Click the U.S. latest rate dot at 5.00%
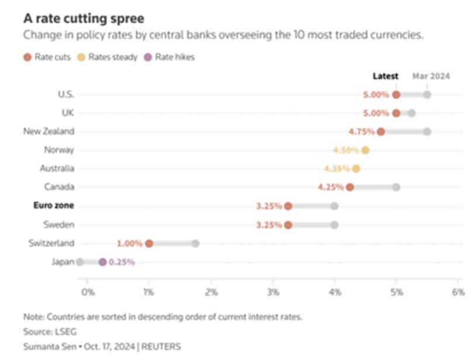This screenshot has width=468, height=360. [396, 95]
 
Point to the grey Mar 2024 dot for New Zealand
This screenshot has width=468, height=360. [427, 131]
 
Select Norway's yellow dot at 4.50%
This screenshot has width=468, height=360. [365, 150]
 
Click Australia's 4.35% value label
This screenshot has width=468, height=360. [337, 168]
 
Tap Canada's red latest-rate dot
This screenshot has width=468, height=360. [350, 187]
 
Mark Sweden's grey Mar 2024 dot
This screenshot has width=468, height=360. [334, 224]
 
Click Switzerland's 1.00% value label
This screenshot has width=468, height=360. [129, 243]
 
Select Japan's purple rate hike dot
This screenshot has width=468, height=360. [103, 262]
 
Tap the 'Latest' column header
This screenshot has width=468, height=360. [386, 76]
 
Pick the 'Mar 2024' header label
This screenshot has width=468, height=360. [431, 76]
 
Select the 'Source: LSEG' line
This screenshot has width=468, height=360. [45, 331]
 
